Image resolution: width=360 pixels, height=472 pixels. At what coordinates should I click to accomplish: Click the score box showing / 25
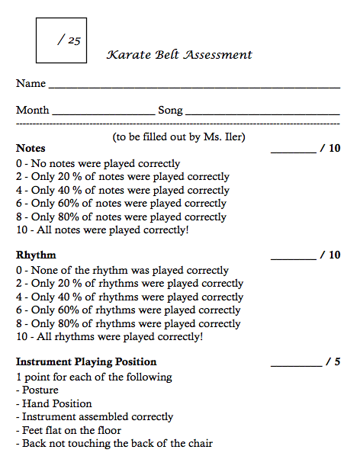tap(61, 40)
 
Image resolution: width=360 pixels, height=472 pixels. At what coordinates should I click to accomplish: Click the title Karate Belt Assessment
tap(179, 55)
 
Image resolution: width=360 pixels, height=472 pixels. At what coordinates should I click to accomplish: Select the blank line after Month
tap(103, 114)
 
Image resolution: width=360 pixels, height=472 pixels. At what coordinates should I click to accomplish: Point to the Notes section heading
tap(31, 149)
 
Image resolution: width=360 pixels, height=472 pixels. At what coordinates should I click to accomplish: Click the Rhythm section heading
tap(36, 255)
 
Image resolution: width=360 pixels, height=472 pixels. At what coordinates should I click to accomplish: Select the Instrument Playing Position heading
tap(86, 362)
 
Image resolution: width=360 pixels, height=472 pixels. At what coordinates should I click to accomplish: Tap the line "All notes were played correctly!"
tap(102, 230)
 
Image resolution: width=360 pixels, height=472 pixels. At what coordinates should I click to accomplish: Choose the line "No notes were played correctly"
tap(98, 163)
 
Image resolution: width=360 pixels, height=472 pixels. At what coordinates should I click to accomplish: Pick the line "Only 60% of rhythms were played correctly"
tap(128, 310)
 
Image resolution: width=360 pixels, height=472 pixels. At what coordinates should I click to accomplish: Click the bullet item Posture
tap(40, 390)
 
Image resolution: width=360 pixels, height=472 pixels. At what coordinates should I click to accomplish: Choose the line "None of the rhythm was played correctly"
tap(122, 270)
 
